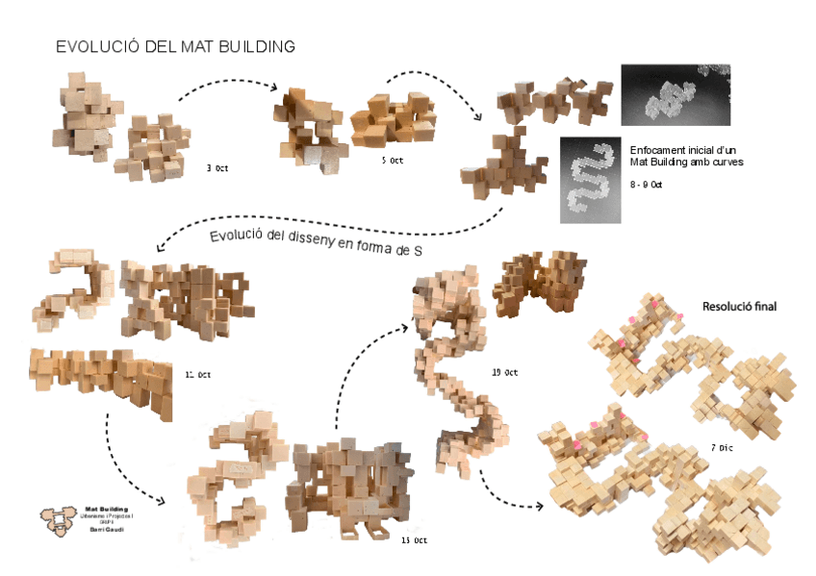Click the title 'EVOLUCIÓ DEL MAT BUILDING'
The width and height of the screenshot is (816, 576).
tap(175, 47)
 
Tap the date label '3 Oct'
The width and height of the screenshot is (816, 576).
tap(217, 168)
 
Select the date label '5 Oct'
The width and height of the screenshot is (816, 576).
tap(392, 161)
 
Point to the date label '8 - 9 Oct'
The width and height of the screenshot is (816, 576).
tap(646, 184)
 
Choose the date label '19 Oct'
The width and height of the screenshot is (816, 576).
tap(504, 372)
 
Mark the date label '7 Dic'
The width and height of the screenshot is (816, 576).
tap(723, 448)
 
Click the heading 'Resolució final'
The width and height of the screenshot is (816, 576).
tap(739, 307)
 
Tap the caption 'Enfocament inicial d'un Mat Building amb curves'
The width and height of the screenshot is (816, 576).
tap(673, 157)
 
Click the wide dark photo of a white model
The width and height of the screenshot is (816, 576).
tap(676, 95)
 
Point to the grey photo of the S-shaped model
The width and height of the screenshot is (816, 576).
tap(588, 180)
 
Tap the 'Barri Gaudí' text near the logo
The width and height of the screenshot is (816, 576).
tap(106, 530)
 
